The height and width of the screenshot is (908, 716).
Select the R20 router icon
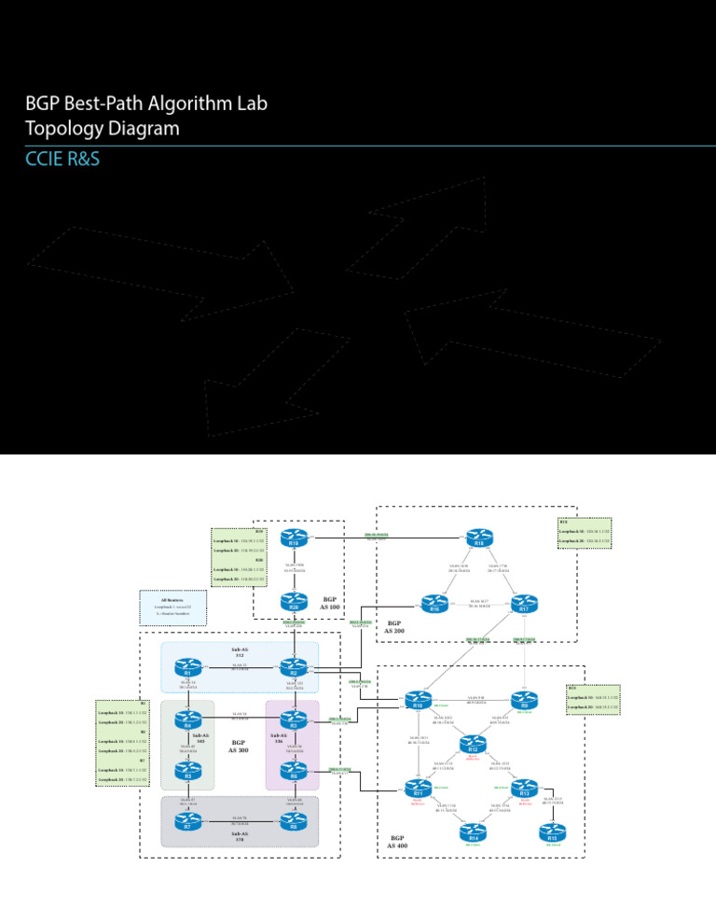(295, 605)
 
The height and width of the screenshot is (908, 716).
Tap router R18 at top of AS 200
(479, 538)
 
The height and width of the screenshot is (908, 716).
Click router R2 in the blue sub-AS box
(294, 668)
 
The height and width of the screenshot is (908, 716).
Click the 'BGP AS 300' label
(238, 747)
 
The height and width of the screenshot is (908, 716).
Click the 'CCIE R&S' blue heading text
(63, 161)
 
